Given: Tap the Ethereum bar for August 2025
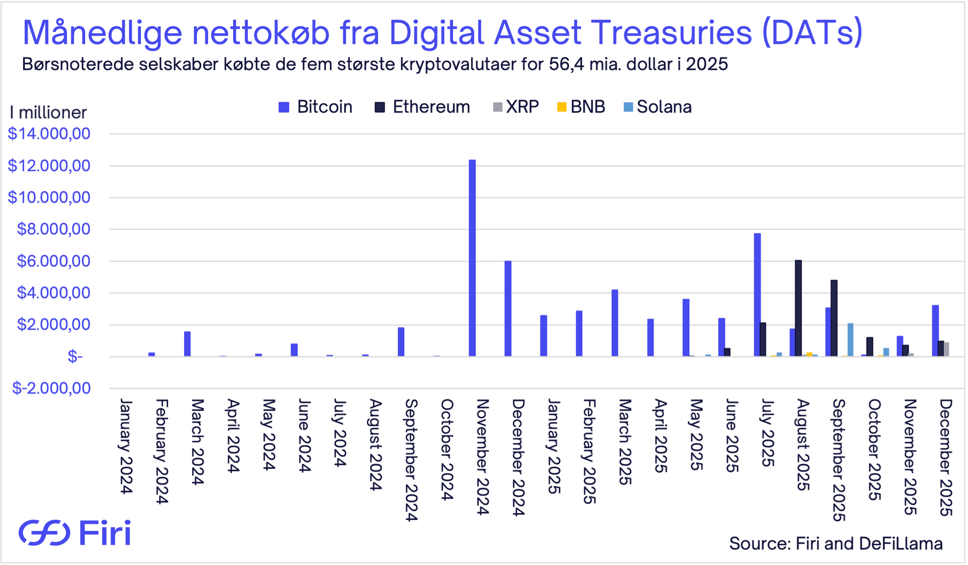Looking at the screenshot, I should pyautogui.click(x=798, y=308).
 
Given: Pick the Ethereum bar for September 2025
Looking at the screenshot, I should pyautogui.click(x=834, y=318).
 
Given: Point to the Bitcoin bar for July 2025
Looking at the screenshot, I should pyautogui.click(x=757, y=295).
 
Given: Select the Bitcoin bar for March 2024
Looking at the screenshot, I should pyautogui.click(x=188, y=344).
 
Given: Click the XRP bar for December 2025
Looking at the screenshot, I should pyautogui.click(x=946, y=350).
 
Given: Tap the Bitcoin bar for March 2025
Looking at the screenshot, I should pyautogui.click(x=615, y=323).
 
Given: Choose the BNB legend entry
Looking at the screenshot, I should pyautogui.click(x=581, y=107).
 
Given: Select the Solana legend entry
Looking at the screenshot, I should pyautogui.click(x=657, y=107).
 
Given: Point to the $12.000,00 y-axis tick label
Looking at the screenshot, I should pyautogui.click(x=49, y=165).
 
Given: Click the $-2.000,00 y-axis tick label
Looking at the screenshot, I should pyautogui.click(x=51, y=388).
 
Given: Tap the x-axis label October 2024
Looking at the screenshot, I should pyautogui.click(x=447, y=449).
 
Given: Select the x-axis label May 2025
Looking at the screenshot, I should pyautogui.click(x=696, y=434).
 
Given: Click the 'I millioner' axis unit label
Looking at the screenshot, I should pyautogui.click(x=48, y=112).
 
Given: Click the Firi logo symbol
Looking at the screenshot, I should pyautogui.click(x=44, y=533).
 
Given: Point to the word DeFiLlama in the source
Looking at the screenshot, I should pyautogui.click(x=900, y=543).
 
